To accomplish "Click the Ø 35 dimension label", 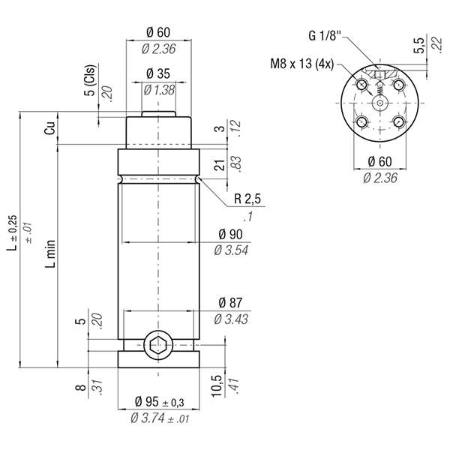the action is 158,73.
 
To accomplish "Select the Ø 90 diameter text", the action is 230,234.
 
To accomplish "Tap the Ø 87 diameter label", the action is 230,303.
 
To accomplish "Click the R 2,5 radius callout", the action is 247,199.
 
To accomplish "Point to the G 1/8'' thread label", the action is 325,36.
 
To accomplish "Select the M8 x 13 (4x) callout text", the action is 302,64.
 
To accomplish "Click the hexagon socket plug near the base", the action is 158,345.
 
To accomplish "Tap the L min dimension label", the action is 50,253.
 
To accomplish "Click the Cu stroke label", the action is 49,128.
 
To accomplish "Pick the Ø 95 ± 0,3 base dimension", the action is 159,401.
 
